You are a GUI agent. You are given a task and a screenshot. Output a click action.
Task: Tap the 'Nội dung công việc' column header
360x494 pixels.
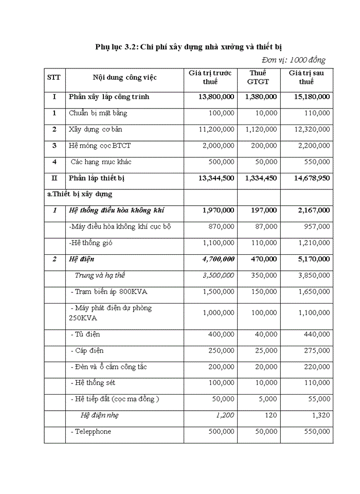pos(124,78)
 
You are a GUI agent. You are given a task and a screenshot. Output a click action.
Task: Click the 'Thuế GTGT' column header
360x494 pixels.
pos(258,77)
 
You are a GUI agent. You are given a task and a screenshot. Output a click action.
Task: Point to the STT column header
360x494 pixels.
pos(53,78)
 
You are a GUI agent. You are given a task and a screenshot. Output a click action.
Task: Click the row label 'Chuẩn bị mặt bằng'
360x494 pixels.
pos(98,113)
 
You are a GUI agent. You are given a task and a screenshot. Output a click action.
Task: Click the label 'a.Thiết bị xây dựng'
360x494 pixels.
pos(82,194)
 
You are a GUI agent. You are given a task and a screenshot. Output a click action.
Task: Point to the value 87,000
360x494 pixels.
pos(266,226)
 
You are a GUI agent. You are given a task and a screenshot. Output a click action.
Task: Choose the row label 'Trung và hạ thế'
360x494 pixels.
pos(99,275)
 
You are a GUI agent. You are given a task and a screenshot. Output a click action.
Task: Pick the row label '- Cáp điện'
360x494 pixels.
pos(87,350)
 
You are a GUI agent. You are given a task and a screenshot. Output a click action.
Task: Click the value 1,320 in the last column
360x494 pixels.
pos(320,415)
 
